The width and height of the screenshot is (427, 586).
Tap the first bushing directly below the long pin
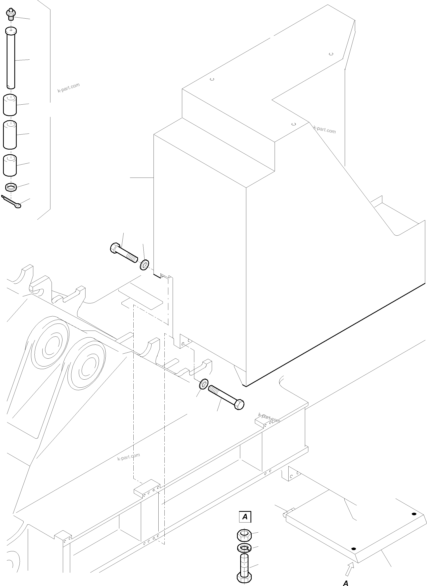pos(10,105)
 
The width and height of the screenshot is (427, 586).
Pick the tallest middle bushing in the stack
pos(10,135)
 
